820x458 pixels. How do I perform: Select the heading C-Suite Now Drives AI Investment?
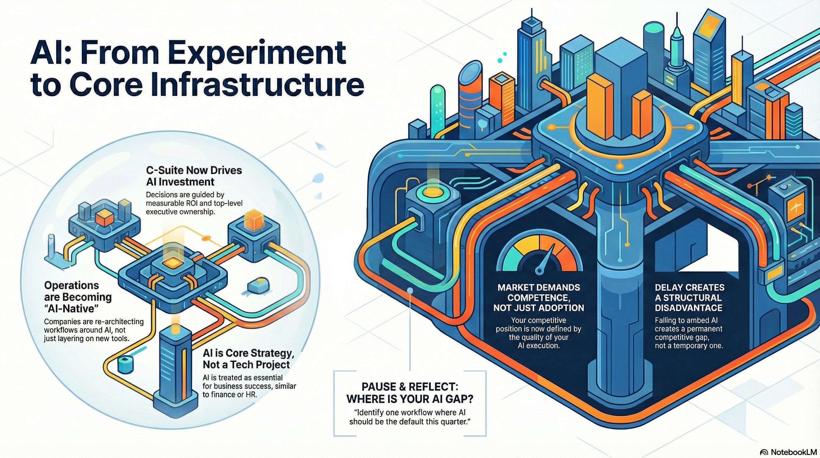(x=194, y=176)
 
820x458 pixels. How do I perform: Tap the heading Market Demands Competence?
(x=539, y=298)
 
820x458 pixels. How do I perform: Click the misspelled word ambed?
(x=692, y=321)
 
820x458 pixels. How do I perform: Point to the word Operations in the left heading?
(x=72, y=285)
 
